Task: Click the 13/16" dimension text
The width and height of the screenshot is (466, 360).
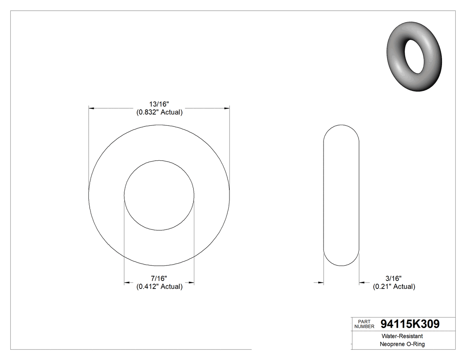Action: pyautogui.click(x=159, y=104)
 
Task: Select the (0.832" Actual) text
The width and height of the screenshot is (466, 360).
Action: pyautogui.click(x=159, y=112)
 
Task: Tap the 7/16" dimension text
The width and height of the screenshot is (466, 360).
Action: pyautogui.click(x=159, y=278)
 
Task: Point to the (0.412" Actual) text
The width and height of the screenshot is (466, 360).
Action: pyautogui.click(x=159, y=286)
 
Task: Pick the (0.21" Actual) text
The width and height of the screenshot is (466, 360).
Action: pyautogui.click(x=394, y=286)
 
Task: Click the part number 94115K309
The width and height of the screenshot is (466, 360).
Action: pyautogui.click(x=410, y=324)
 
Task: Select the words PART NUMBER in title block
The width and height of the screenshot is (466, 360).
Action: pyautogui.click(x=364, y=324)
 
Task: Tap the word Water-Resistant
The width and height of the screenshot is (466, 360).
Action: pyautogui.click(x=398, y=336)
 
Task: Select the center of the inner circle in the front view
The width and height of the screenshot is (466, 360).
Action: pyautogui.click(x=159, y=195)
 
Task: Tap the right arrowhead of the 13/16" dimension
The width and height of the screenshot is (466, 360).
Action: pyautogui.click(x=226, y=108)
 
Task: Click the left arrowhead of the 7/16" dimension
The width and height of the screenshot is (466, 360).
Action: pyautogui.click(x=127, y=282)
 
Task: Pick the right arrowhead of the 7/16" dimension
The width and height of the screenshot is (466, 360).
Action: pyautogui.click(x=191, y=282)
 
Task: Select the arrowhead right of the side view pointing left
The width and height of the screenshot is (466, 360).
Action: pyautogui.click(x=362, y=282)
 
